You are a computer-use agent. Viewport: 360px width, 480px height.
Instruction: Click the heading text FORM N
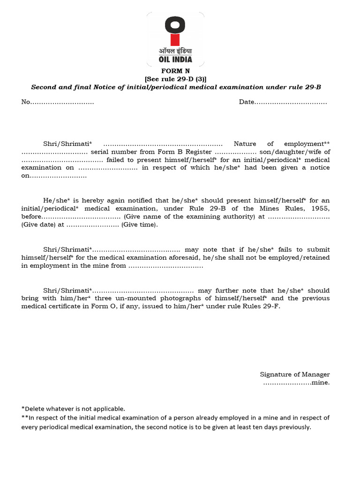point(176,71)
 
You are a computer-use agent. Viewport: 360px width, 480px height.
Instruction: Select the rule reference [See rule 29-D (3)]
point(176,79)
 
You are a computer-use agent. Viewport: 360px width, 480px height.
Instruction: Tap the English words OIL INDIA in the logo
point(175,60)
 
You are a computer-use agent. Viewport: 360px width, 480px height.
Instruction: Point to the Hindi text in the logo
point(175,51)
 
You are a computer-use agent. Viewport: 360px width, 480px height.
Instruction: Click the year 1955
point(321,209)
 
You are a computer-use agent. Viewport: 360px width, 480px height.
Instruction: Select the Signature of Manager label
point(295,374)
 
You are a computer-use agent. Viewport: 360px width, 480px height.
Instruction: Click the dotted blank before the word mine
point(287,382)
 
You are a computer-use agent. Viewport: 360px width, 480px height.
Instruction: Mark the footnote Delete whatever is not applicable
point(74,409)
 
